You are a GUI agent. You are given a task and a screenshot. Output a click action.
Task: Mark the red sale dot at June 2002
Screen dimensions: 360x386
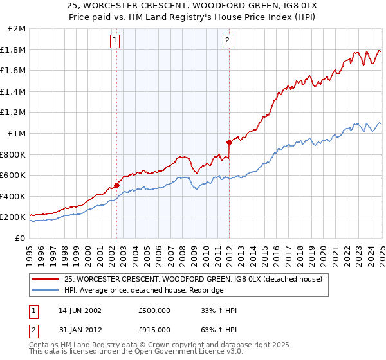(116, 186)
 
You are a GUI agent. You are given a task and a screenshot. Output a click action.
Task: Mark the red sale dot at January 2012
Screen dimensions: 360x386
(229, 142)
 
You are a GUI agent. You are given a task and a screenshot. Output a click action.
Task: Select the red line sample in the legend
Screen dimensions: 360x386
(46, 279)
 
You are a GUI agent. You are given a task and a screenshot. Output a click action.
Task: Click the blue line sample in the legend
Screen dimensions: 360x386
(46, 291)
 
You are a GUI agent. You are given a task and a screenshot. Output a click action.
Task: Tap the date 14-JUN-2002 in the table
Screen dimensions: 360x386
(80, 310)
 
